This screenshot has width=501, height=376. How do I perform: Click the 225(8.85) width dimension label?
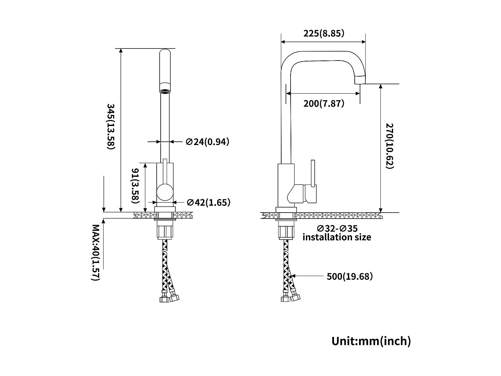(323, 33)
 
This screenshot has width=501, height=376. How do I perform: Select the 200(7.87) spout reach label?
(323, 104)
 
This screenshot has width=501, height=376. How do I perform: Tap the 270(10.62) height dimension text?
(390, 146)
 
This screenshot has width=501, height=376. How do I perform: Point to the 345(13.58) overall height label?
(111, 126)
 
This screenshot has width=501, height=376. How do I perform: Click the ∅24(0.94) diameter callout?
(207, 142)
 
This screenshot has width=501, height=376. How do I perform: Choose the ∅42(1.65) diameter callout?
(208, 203)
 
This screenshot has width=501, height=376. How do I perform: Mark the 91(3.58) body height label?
(135, 186)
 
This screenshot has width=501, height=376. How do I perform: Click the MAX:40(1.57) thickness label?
(96, 253)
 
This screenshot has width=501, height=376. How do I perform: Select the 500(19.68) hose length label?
(349, 276)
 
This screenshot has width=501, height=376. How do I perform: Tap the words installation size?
(337, 237)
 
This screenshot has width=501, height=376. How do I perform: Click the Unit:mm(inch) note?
(371, 341)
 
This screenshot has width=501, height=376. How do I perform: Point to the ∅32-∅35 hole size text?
(337, 229)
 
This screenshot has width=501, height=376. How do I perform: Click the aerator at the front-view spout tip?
(165, 91)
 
